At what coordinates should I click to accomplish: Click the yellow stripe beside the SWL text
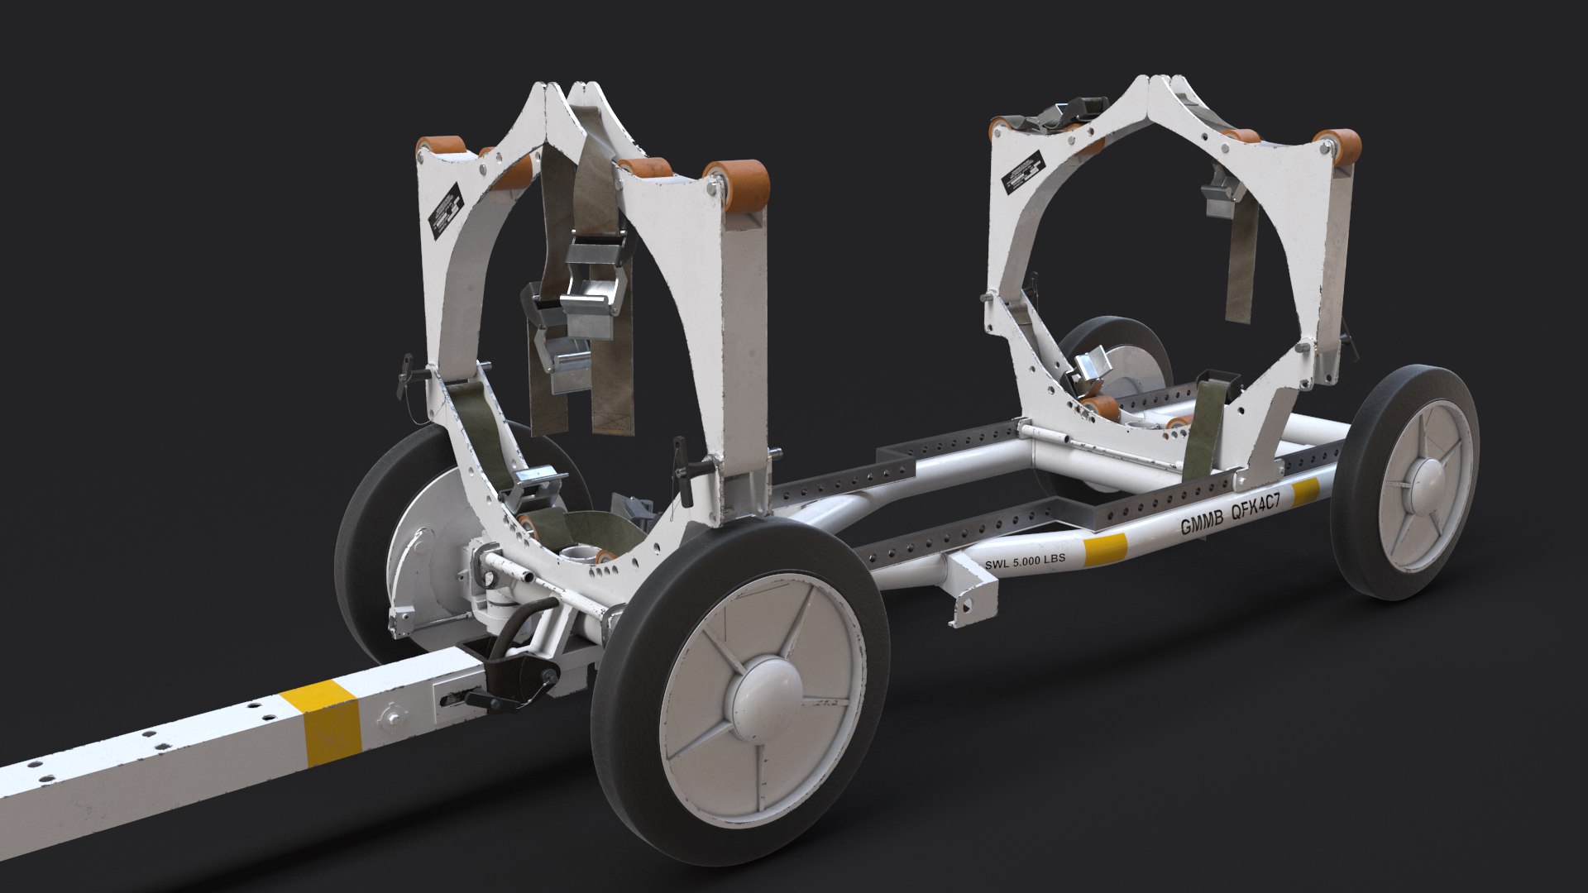tap(1106, 550)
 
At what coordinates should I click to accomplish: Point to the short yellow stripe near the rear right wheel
tap(1305, 494)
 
